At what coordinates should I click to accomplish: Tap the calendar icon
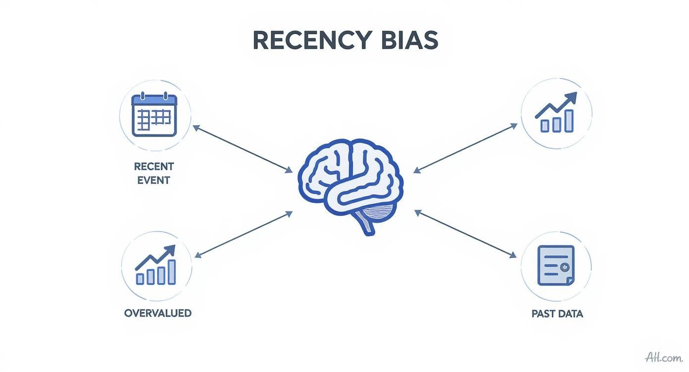(154, 115)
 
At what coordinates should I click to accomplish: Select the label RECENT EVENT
(154, 173)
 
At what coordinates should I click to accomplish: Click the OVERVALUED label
(157, 313)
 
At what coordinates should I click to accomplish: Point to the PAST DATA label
(557, 314)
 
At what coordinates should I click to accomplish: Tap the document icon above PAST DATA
(556, 266)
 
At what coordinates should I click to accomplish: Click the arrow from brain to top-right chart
(465, 148)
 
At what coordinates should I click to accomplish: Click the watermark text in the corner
(663, 357)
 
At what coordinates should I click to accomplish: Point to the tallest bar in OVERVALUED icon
(172, 272)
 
